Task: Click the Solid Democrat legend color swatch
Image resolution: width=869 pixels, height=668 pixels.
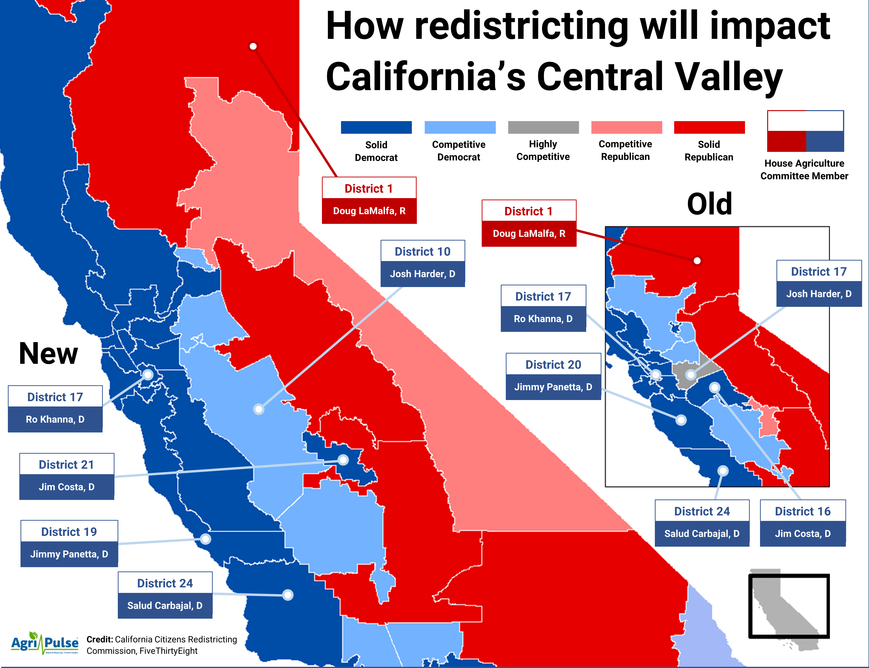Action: pyautogui.click(x=376, y=127)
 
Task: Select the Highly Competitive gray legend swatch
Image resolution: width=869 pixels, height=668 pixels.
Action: pyautogui.click(x=543, y=127)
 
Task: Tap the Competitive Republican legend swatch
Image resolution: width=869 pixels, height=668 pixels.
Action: pyautogui.click(x=626, y=127)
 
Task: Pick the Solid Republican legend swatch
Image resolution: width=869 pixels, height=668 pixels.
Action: pyautogui.click(x=709, y=127)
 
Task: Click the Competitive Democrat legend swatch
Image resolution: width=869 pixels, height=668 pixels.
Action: pyautogui.click(x=460, y=127)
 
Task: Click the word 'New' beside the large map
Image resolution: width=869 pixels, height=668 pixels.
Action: pyautogui.click(x=48, y=354)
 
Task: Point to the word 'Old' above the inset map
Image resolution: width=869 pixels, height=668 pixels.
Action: pyautogui.click(x=709, y=204)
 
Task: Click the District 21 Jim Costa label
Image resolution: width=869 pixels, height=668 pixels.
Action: pyautogui.click(x=67, y=476)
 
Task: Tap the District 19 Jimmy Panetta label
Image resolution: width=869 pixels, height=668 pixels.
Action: pyautogui.click(x=69, y=543)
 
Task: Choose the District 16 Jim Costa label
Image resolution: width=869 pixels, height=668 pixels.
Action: pyautogui.click(x=802, y=523)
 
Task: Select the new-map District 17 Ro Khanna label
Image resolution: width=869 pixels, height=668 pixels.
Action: pyautogui.click(x=55, y=408)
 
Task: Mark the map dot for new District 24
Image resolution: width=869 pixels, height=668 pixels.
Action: pyautogui.click(x=288, y=595)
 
